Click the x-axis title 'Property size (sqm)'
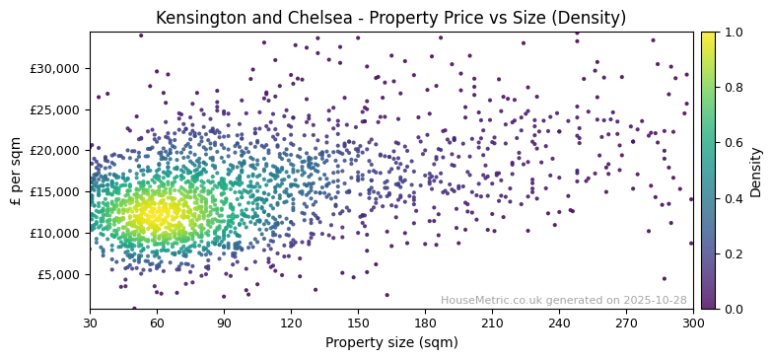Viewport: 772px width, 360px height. click(390, 343)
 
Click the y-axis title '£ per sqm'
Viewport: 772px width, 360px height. click(16, 171)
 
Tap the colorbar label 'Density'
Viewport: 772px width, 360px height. click(755, 171)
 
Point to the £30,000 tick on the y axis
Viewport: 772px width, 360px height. click(57, 68)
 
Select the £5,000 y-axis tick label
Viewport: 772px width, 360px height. click(60, 274)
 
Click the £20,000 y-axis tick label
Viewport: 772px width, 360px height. click(57, 151)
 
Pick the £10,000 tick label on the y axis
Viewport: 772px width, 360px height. click(57, 233)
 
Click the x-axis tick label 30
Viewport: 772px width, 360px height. click(90, 323)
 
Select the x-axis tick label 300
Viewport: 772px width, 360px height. click(693, 323)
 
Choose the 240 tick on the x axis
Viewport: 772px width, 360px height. click(559, 323)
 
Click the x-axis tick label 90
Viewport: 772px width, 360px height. click(224, 323)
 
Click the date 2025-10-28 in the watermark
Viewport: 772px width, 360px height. click(656, 300)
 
